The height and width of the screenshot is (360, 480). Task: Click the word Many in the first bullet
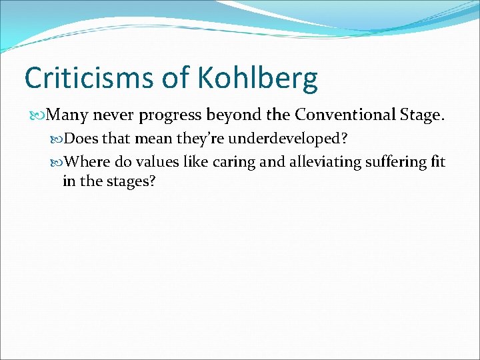click(68, 115)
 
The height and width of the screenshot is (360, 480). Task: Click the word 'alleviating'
click(317, 162)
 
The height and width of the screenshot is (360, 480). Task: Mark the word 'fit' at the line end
click(437, 162)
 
